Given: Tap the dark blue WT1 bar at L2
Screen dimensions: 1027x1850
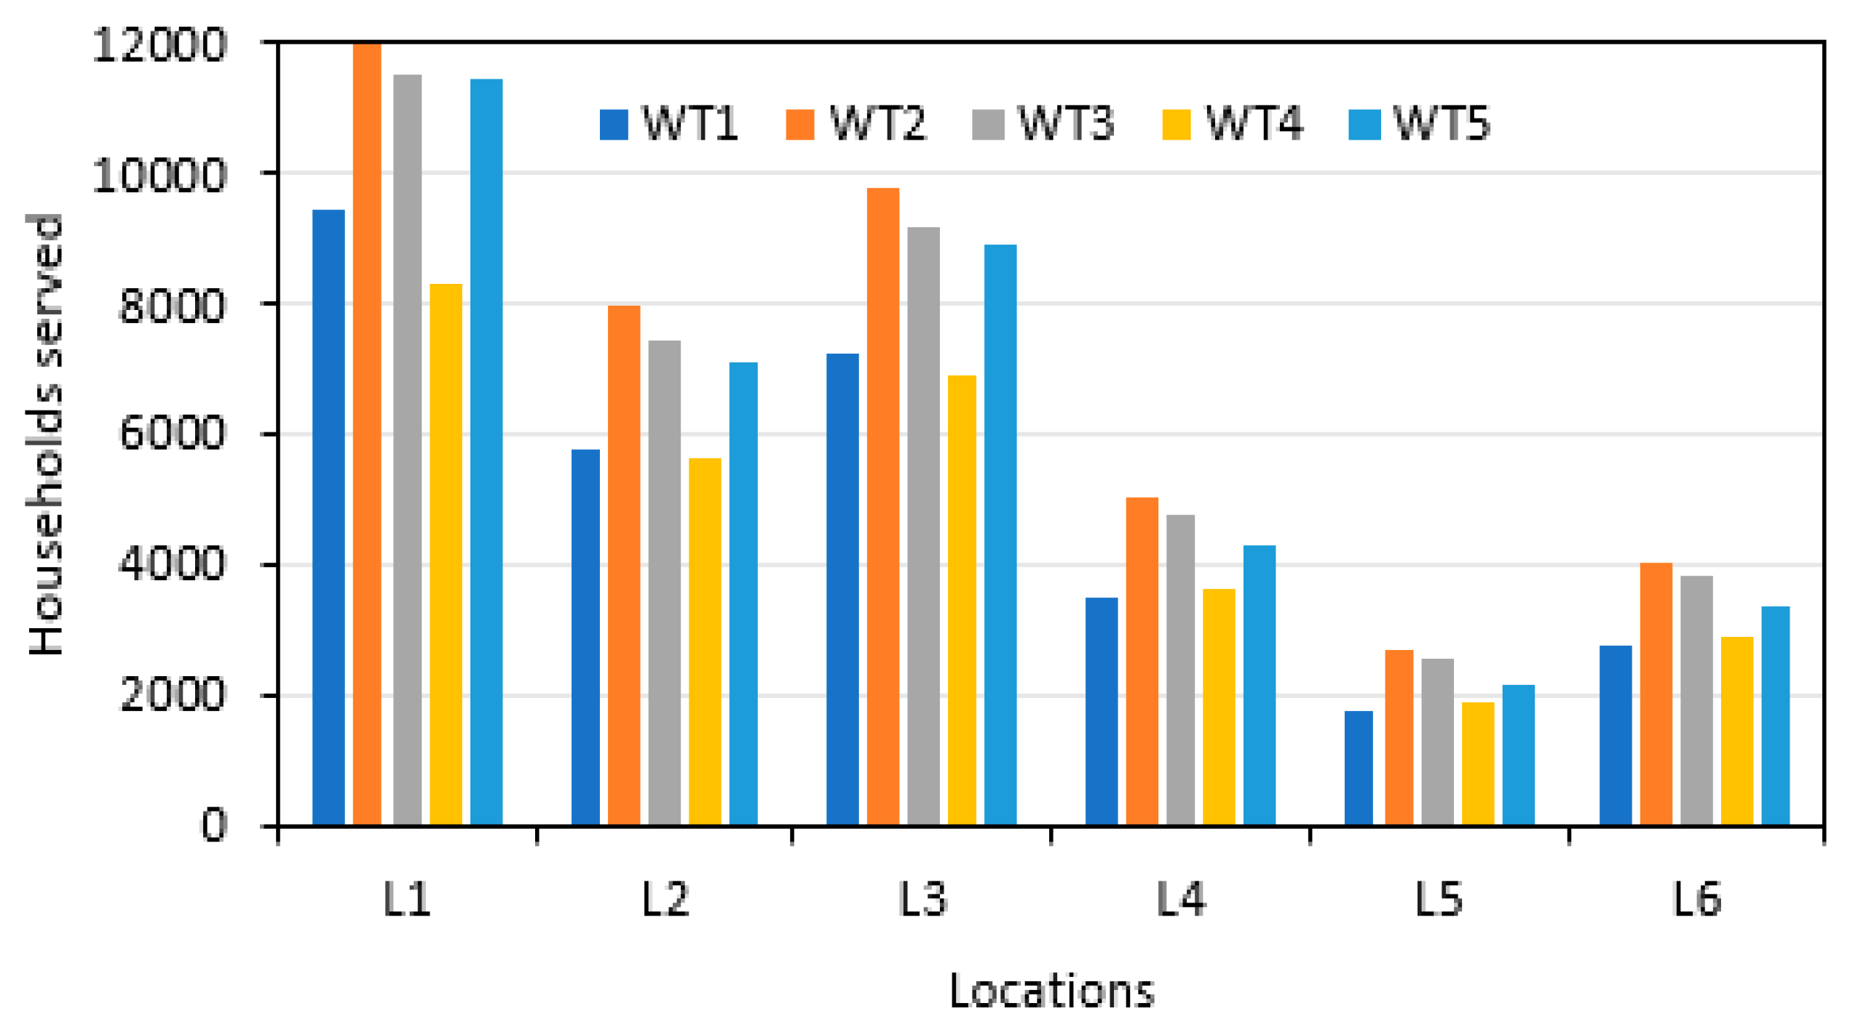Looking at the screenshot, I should click(585, 638).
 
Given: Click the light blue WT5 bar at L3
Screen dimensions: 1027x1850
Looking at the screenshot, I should click(1000, 535).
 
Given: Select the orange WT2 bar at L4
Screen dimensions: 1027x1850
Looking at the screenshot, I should click(1142, 662).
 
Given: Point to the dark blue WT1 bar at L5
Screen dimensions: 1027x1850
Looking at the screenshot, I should click(1359, 769).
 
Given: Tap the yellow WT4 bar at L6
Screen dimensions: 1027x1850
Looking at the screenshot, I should click(1737, 731).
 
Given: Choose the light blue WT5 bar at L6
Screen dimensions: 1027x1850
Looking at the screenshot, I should click(1775, 716).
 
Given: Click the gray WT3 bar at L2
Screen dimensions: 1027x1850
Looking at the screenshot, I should click(664, 583).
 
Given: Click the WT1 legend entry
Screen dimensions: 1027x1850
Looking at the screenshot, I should click(668, 124).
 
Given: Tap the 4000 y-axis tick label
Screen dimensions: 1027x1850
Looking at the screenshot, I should click(172, 565).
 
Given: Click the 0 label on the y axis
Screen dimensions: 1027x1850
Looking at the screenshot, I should click(213, 825).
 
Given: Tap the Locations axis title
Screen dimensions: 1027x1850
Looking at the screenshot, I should click(1051, 991).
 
